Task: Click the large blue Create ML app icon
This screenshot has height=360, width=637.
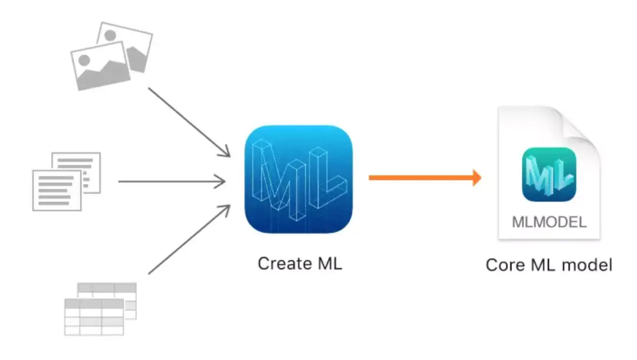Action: coord(298,179)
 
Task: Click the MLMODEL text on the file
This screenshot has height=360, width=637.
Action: coord(549,222)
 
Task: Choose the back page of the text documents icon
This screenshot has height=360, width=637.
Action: coord(88,165)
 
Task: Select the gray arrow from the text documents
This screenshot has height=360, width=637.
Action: coord(171,182)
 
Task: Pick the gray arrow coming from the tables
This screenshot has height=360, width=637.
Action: coord(189,240)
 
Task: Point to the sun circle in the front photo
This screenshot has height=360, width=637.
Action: coord(84,60)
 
